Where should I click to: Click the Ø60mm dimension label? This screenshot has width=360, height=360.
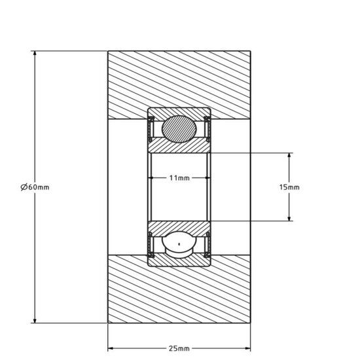coord(35,187)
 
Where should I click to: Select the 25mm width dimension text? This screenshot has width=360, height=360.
coord(179,348)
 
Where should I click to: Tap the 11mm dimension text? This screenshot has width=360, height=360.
coord(179,178)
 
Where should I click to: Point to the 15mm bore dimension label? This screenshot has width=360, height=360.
coord(289,187)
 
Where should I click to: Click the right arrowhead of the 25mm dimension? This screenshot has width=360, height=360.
coord(248,348)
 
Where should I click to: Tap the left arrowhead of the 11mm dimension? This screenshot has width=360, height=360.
coord(153,178)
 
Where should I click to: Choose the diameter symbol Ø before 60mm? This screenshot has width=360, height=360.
coord(24,187)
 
